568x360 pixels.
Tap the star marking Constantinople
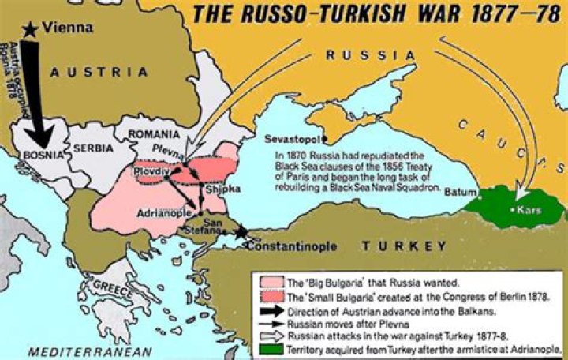click(240, 233)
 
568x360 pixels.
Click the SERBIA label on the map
click(94, 148)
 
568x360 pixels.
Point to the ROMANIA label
click(155, 135)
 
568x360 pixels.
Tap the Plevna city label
click(181, 148)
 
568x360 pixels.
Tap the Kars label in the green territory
click(528, 211)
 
